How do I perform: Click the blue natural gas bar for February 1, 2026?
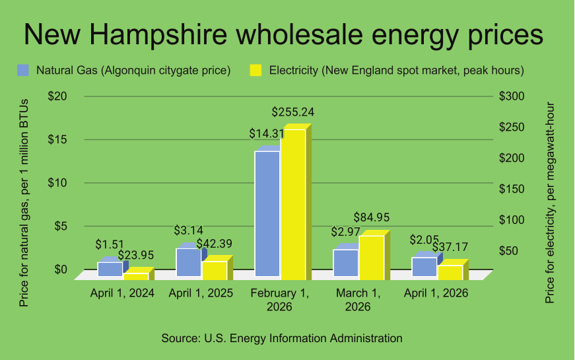pyautogui.click(x=267, y=213)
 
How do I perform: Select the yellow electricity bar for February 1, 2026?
pyautogui.click(x=293, y=202)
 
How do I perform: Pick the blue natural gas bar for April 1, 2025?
pyautogui.click(x=188, y=262)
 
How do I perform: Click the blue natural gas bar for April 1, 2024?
pyautogui.click(x=110, y=269)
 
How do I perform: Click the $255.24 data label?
pyautogui.click(x=292, y=112)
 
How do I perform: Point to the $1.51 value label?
pyautogui.click(x=110, y=244)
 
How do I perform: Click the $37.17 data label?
pyautogui.click(x=450, y=247)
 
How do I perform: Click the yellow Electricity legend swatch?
pyautogui.click(x=255, y=70)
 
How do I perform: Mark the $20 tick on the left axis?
pyautogui.click(x=57, y=96)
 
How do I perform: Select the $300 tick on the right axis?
pyautogui.click(x=512, y=96)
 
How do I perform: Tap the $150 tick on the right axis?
pyautogui.click(x=512, y=190)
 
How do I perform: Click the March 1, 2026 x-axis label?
pyautogui.click(x=357, y=299)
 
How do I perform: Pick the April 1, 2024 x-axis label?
pyautogui.click(x=122, y=293)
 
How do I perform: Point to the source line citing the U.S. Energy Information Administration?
pyautogui.click(x=282, y=338)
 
